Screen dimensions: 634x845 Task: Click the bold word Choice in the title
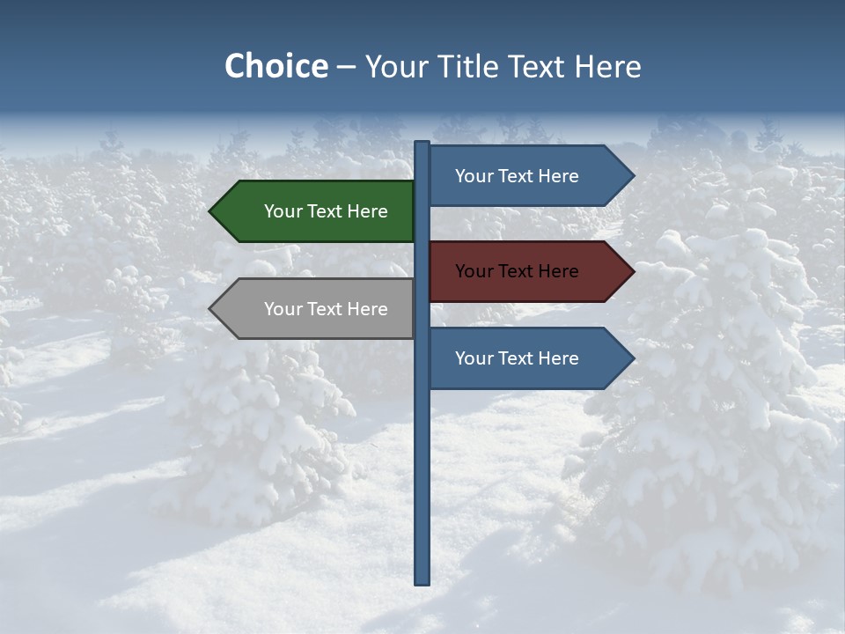(276, 67)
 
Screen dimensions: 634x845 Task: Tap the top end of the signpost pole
(422, 144)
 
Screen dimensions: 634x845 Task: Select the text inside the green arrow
(326, 211)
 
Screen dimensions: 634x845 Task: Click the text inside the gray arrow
(326, 309)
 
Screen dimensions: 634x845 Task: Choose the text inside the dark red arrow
(517, 271)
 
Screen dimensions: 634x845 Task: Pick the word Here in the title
(607, 67)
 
